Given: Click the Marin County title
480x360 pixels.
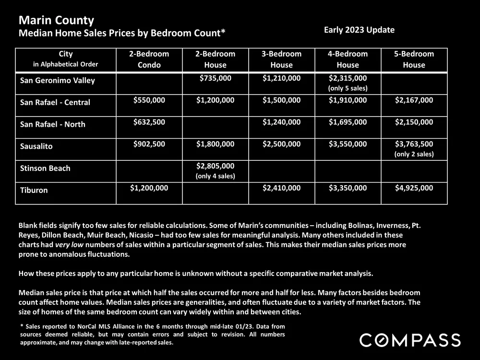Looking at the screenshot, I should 56,21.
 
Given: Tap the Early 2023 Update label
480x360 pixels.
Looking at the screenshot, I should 359,30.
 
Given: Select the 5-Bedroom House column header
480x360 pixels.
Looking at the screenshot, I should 414,59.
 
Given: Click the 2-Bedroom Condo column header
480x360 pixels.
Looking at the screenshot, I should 149,59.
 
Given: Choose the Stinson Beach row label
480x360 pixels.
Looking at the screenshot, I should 45,168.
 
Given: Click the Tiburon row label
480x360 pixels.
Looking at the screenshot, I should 35,190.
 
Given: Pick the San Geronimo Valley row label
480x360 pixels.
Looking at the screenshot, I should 58,80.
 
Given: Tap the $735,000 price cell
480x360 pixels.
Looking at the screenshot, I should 215,78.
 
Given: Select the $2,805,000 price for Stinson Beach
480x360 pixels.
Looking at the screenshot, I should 215,166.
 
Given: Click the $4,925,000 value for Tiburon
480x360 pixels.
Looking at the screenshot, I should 414,188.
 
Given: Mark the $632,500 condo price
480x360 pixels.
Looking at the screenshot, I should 149,122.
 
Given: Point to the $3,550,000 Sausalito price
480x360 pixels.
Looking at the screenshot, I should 348,144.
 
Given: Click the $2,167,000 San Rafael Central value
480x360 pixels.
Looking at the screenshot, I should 414,100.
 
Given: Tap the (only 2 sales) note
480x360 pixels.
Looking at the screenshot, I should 414,154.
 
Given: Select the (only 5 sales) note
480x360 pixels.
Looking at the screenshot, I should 348,88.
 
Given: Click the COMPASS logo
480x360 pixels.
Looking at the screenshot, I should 410,340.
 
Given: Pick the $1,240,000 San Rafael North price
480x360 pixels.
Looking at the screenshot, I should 281,122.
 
